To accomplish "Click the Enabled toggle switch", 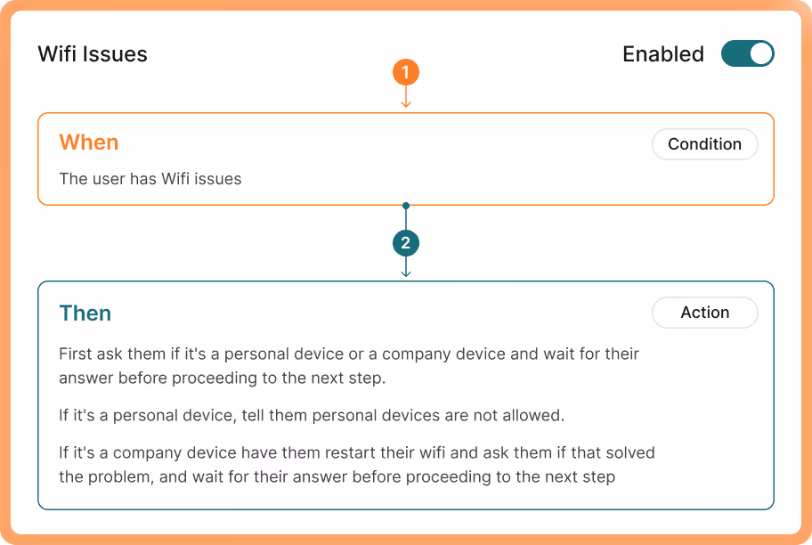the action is coord(747,54).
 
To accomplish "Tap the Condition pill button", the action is coord(705,144).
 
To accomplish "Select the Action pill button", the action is coord(705,313).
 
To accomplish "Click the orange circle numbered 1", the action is coord(405,72).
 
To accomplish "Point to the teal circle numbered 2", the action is coord(405,243).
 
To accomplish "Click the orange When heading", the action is coord(89,142).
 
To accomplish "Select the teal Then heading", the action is coord(85,313).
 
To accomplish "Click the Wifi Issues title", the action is coord(93,54).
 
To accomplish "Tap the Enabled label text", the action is coord(663,54).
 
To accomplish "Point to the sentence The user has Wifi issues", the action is coord(150,179).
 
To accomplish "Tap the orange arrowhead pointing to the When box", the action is coord(406,104).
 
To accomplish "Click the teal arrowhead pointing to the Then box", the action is coord(406,273).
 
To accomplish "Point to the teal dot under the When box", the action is coord(406,206).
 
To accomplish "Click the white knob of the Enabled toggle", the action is coord(760,54).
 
